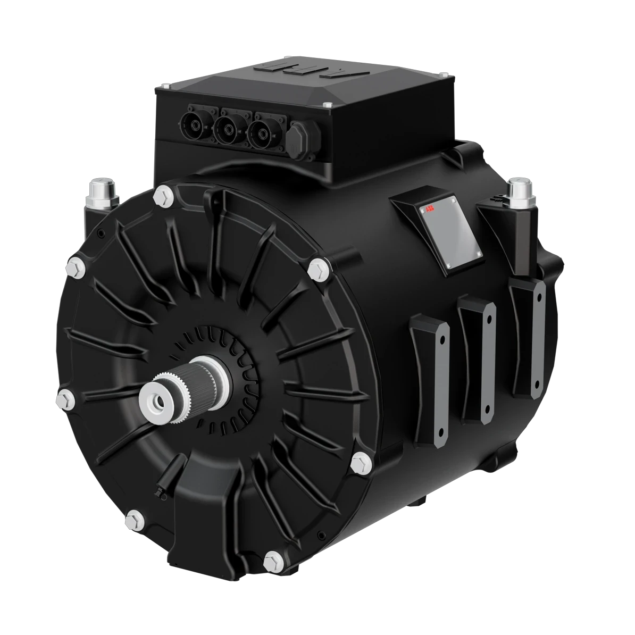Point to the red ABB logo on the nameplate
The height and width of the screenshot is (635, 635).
[429, 210]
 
